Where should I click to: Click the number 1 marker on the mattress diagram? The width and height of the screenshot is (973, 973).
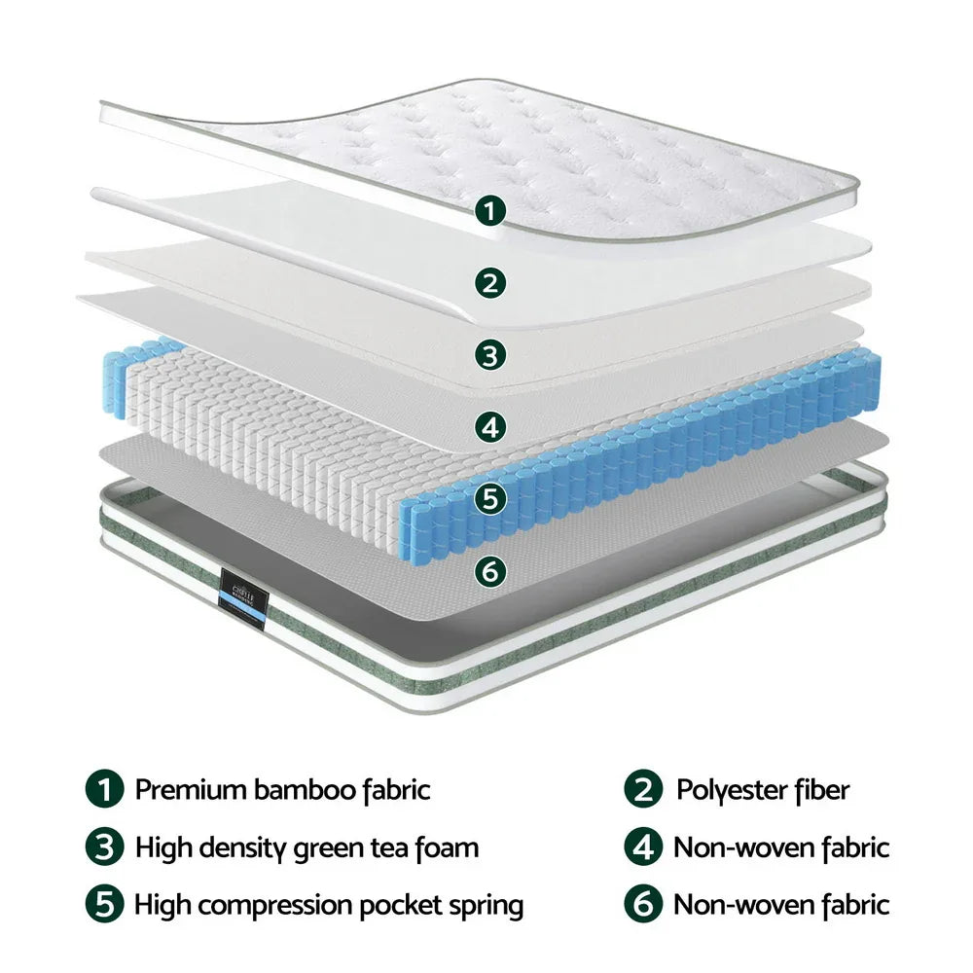(x=492, y=209)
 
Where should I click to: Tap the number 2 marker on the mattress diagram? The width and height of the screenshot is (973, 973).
(x=492, y=282)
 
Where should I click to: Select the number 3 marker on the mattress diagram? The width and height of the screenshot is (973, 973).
(x=492, y=354)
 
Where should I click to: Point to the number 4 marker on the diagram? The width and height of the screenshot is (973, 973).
(x=492, y=426)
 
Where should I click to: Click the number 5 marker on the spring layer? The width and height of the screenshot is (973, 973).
(x=492, y=498)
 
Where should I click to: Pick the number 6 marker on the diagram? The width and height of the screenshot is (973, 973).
(x=492, y=570)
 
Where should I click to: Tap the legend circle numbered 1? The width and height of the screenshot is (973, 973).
(x=105, y=789)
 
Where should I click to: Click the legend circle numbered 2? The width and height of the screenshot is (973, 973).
(x=643, y=789)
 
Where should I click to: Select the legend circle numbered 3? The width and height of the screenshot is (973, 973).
(x=105, y=847)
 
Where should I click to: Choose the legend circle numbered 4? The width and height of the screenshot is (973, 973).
(x=643, y=847)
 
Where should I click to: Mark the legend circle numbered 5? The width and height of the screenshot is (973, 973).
(x=105, y=906)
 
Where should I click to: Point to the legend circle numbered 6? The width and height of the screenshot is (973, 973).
(x=643, y=906)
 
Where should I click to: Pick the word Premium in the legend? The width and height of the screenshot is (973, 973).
(x=191, y=789)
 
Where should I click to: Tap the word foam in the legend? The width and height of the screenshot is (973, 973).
(x=447, y=847)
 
